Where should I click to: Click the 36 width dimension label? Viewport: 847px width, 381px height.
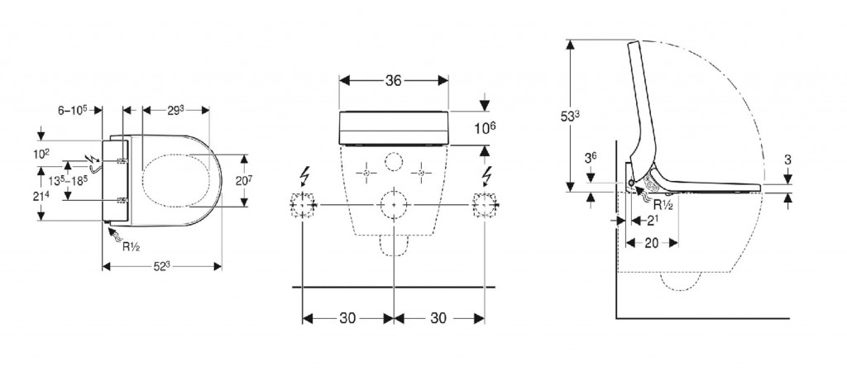(393, 80)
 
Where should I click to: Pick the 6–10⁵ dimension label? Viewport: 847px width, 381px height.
(73, 110)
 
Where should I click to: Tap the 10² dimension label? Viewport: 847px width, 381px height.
(41, 155)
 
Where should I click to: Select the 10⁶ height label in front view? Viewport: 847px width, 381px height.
(485, 129)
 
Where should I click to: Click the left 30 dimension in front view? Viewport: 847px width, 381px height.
(348, 318)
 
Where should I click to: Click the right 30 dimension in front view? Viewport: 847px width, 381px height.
(438, 318)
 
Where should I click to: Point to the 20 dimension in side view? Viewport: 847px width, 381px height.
(652, 243)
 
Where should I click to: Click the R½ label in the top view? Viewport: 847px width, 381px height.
(132, 247)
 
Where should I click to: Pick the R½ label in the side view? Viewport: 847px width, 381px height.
(663, 204)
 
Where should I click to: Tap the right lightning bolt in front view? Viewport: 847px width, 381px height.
(486, 176)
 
